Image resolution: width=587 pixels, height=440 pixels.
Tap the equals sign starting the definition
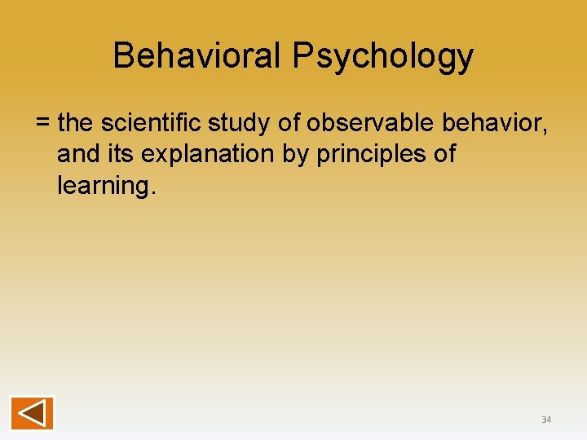click(43, 123)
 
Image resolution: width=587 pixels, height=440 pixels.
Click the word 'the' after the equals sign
click(77, 123)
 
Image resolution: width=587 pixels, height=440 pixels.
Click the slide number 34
click(546, 420)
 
